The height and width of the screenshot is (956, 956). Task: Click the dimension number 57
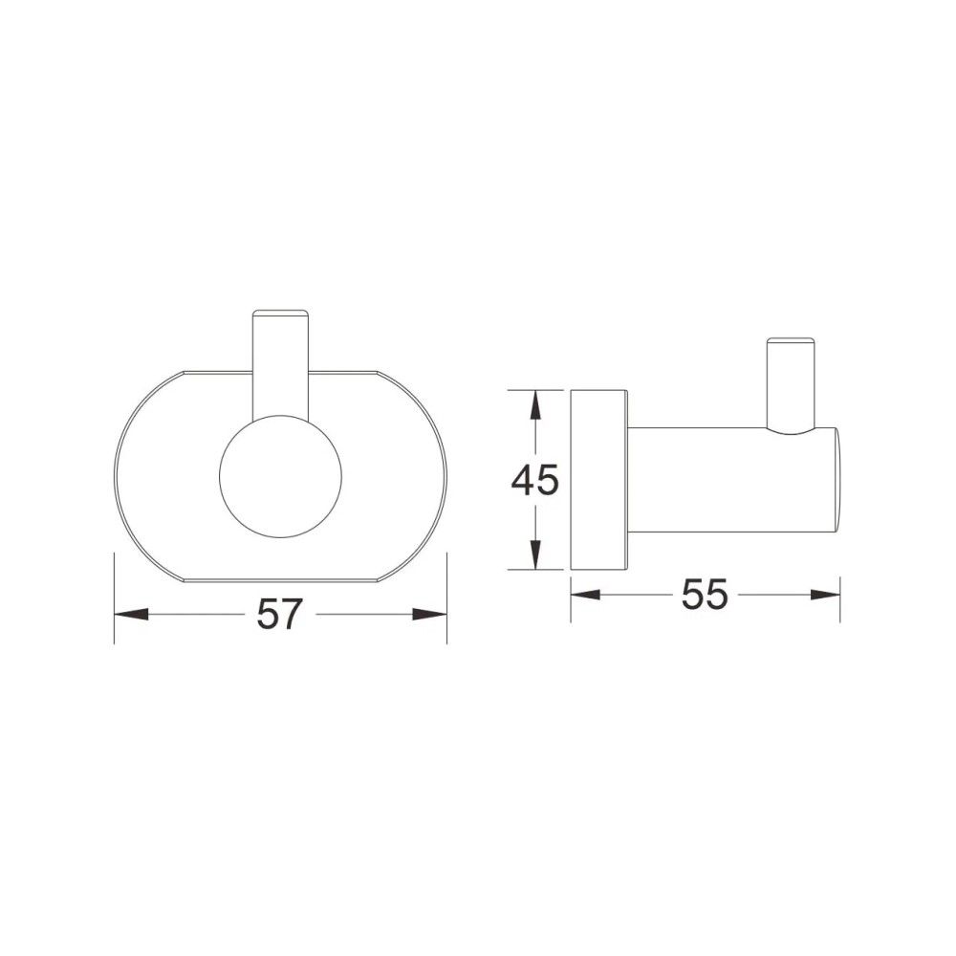(280, 614)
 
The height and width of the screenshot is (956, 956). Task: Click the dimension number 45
(534, 480)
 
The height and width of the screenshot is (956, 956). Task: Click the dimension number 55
(705, 594)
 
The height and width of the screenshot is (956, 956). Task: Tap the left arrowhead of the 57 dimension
(131, 615)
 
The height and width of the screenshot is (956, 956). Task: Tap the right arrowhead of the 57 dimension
(430, 615)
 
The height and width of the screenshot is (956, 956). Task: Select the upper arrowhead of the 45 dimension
(534, 406)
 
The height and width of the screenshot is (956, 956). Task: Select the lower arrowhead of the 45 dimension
(534, 554)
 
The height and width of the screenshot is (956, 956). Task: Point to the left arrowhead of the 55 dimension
(585, 595)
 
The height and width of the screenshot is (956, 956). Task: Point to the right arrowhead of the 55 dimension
(825, 595)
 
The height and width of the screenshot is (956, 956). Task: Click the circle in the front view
(280, 477)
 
